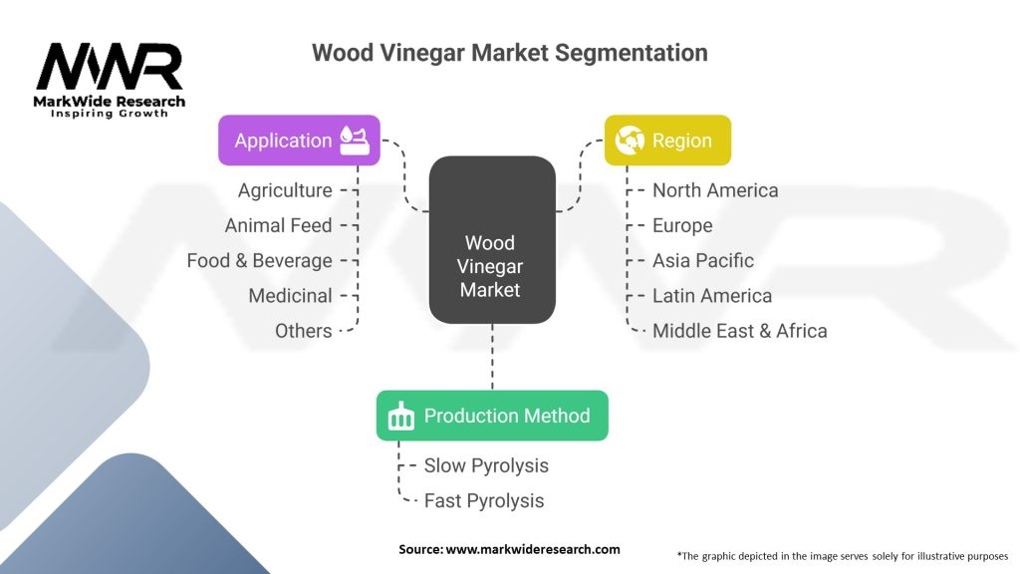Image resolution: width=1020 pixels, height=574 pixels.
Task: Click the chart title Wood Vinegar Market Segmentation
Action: tap(509, 53)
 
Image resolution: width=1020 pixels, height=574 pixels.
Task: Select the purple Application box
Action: tap(299, 141)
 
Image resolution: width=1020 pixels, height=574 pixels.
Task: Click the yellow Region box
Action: tap(667, 141)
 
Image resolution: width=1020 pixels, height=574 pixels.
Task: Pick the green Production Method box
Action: tap(492, 416)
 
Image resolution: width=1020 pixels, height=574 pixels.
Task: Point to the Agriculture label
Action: tap(285, 190)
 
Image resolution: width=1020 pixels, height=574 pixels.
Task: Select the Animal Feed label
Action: tap(278, 225)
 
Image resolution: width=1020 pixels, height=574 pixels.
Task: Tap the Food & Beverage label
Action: tap(259, 260)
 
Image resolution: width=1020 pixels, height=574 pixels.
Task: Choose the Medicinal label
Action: tap(290, 296)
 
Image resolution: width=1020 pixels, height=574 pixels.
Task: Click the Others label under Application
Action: tap(304, 331)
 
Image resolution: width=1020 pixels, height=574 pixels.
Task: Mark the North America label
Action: tap(715, 190)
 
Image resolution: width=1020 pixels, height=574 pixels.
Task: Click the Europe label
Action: tap(682, 225)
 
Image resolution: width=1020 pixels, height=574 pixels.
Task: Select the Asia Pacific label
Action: tap(703, 260)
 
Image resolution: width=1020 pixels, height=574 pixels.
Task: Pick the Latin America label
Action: tap(712, 296)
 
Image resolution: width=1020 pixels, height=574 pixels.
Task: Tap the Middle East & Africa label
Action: tap(739, 331)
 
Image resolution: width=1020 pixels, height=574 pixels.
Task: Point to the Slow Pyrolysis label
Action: tap(486, 465)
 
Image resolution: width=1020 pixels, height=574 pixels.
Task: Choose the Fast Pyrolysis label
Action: tap(484, 500)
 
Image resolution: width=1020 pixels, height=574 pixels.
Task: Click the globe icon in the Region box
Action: tap(630, 141)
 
